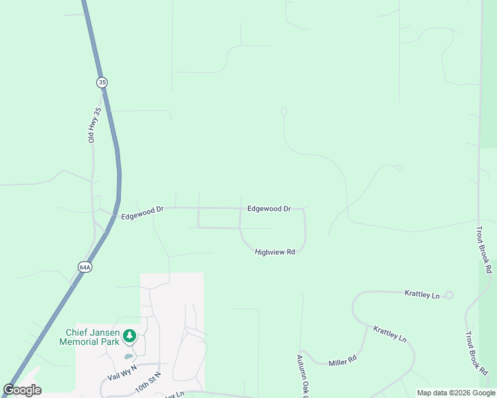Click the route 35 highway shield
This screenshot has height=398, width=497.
coord(101,82)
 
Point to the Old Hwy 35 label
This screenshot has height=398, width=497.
coord(94,125)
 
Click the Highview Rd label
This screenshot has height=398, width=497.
coord(274,252)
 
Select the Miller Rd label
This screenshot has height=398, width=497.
coord(343,361)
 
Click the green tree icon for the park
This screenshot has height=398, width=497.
coord(130,336)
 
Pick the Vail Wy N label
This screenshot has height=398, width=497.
coord(122,372)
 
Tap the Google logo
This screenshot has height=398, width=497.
coord(22,390)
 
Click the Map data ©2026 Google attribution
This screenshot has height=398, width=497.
coord(456,393)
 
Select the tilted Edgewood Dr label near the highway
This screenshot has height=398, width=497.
coord(142,212)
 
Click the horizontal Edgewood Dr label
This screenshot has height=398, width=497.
coord(269,208)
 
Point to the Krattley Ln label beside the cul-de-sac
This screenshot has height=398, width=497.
coord(423,294)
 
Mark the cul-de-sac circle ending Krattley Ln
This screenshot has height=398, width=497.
coord(449,295)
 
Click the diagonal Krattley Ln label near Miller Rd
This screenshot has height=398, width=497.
coord(389,333)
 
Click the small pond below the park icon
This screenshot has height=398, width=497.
coord(128,356)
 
